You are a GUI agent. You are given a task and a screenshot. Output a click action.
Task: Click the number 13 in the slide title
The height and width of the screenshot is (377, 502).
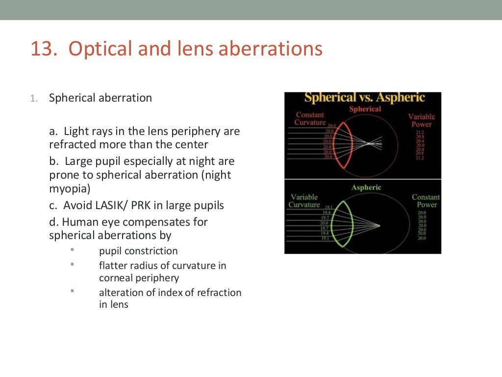[41, 50]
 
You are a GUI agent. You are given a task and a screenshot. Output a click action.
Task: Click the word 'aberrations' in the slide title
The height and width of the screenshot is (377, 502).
[271, 50]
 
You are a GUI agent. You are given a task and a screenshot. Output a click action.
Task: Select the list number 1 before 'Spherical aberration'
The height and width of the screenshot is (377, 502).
[33, 98]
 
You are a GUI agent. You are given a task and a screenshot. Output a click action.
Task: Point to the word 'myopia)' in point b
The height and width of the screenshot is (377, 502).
[67, 188]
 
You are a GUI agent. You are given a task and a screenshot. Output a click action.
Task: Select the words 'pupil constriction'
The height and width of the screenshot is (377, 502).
[138, 251]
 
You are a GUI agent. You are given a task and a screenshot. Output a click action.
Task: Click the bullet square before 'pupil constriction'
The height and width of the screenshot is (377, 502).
[72, 249]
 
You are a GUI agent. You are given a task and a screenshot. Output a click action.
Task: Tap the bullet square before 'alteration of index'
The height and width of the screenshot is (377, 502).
[72, 291]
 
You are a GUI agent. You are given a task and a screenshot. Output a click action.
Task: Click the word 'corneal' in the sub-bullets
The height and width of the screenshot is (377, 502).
[118, 278]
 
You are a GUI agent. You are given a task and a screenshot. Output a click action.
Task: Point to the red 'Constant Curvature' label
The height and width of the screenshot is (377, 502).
[310, 119]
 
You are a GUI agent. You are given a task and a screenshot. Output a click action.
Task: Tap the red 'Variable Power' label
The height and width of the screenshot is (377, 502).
[421, 120]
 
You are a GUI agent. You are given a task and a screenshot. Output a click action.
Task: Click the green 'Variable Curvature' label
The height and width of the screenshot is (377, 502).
[304, 201]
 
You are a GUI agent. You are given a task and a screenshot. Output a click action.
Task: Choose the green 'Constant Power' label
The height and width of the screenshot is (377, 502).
[426, 201]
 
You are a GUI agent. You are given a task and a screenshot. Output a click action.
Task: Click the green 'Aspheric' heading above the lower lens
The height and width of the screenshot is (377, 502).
[366, 188]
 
